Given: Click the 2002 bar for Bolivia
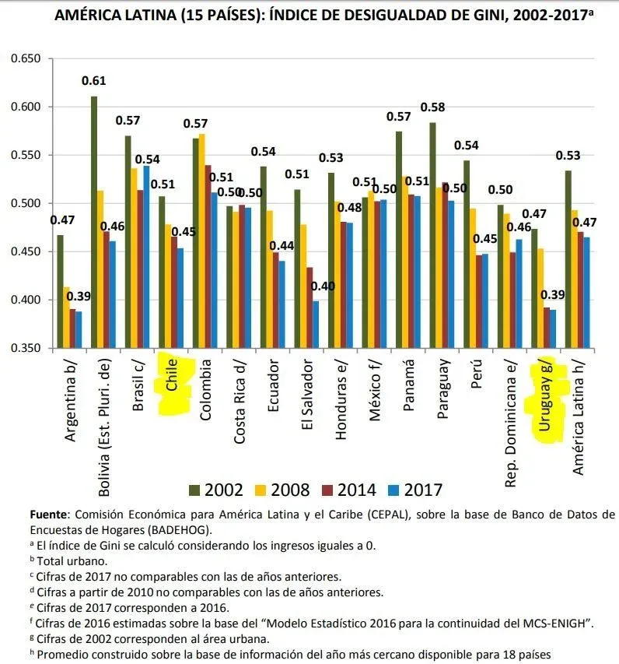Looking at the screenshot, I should [x=94, y=222].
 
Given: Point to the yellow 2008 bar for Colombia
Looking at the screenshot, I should [x=203, y=241].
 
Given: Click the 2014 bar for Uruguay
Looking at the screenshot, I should [x=546, y=328].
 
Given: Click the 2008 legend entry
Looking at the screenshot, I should [x=283, y=490].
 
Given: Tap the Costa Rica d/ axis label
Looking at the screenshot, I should [x=240, y=401].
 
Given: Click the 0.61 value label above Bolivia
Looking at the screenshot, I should [x=94, y=81].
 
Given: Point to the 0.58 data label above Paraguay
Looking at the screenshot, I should [x=432, y=107].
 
